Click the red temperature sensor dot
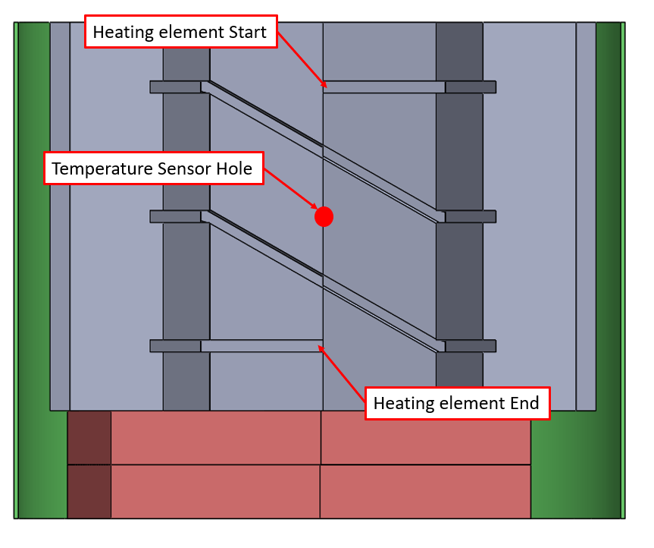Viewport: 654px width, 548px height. click(x=324, y=216)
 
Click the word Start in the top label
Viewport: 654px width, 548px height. click(x=242, y=33)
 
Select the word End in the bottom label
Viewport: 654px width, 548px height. click(x=524, y=403)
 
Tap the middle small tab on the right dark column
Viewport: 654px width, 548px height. click(x=470, y=217)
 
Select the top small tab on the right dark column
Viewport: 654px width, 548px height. click(x=470, y=87)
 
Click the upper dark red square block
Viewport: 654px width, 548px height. click(x=89, y=437)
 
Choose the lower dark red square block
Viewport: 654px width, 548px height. click(x=89, y=491)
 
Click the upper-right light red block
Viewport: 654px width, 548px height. click(x=425, y=437)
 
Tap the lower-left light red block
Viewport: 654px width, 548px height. click(x=215, y=491)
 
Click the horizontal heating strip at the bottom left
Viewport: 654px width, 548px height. click(x=261, y=346)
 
